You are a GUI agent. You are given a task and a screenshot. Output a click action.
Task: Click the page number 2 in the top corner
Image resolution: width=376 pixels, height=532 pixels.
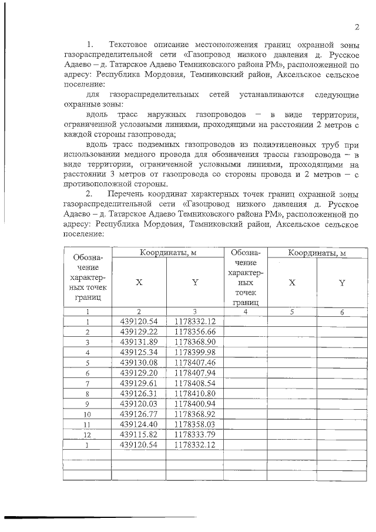(357, 27)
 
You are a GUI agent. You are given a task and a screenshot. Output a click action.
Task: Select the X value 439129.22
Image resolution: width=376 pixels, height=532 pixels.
(139, 332)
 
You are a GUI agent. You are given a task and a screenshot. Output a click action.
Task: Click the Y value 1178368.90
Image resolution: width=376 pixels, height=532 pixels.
(195, 342)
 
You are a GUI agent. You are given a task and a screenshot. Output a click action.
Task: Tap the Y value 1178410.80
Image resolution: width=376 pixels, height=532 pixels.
(195, 393)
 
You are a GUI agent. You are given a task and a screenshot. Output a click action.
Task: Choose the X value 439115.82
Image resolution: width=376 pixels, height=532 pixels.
(139, 434)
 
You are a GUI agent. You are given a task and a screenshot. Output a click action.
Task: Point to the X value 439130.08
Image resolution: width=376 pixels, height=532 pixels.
(139, 363)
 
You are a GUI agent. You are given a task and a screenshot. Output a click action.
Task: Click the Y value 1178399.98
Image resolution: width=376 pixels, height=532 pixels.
(195, 353)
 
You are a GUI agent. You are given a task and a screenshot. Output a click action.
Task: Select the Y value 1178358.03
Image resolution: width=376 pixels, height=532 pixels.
(195, 424)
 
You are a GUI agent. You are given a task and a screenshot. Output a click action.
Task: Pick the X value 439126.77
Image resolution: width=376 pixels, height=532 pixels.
(139, 414)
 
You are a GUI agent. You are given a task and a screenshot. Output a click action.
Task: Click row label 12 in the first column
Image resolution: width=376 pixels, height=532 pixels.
(87, 434)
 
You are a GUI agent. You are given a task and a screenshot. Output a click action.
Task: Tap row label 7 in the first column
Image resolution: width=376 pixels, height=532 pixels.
(87, 383)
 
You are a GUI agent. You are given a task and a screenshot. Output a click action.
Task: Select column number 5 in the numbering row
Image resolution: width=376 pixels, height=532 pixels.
(291, 312)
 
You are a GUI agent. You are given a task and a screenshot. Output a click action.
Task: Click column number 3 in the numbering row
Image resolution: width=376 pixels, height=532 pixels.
(194, 312)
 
